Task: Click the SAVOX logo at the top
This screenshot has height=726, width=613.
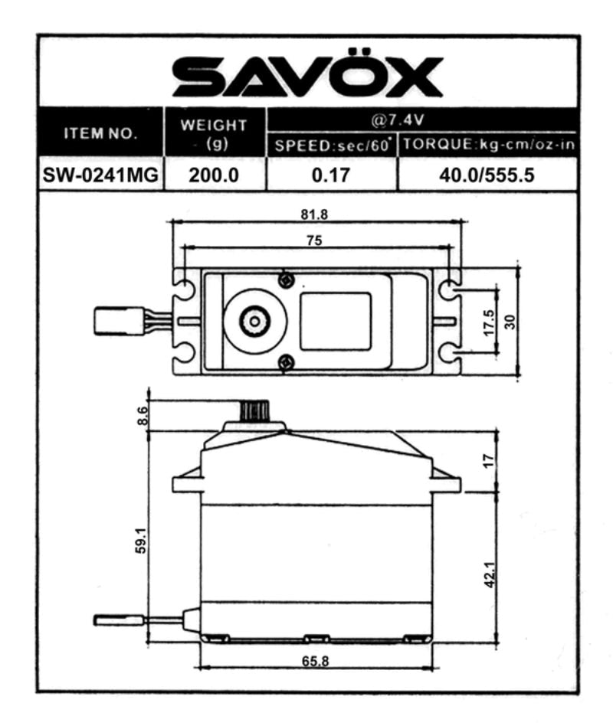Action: pos(306,77)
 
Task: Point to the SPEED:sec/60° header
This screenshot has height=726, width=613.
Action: pos(332,146)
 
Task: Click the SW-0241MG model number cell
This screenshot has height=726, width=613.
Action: pos(102,175)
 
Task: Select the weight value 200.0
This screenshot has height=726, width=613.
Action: pos(215,175)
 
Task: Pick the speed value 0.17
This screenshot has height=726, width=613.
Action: pos(331,175)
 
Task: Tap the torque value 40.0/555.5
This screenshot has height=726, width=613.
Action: pos(487,175)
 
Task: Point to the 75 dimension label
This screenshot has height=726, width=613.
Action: pos(314,240)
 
